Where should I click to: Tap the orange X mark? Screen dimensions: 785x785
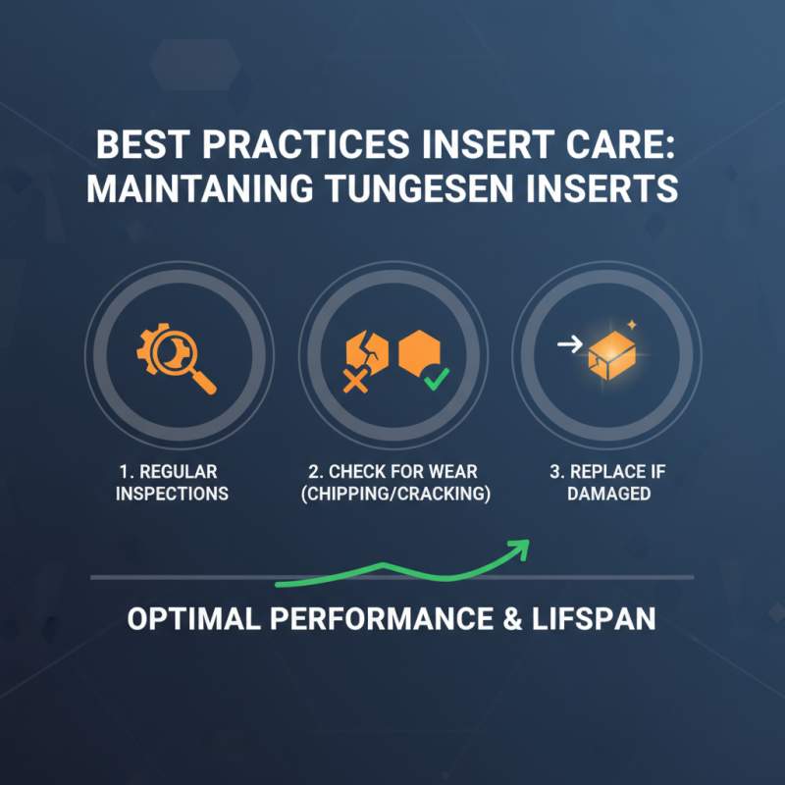[354, 380]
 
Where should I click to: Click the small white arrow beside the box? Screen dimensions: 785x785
[566, 343]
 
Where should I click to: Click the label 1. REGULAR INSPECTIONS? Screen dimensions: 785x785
[172, 482]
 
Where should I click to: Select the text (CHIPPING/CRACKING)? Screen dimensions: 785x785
[394, 494]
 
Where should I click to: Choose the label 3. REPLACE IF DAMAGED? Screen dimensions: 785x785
[607, 482]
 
